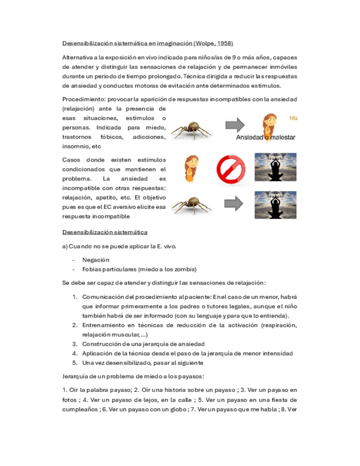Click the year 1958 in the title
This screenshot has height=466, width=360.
coord(225,43)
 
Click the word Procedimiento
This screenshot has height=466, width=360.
coord(84,99)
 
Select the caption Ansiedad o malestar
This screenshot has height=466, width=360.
coord(267,137)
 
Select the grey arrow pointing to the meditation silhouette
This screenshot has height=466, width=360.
coord(235,204)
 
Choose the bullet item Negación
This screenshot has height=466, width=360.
coord(96,259)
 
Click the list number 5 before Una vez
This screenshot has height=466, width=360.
coord(75,363)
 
